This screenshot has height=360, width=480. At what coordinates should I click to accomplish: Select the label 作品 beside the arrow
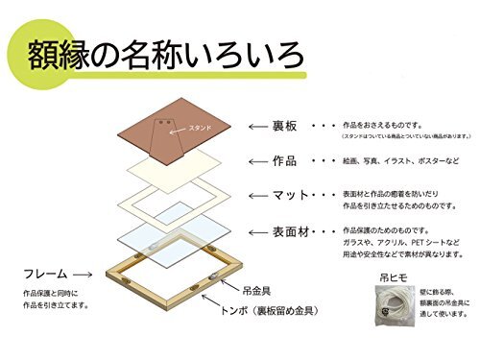click(286, 160)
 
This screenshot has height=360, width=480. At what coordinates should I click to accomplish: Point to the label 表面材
click(292, 232)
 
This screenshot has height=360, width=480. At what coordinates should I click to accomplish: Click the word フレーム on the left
click(44, 273)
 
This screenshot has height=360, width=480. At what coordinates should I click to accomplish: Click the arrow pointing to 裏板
click(258, 126)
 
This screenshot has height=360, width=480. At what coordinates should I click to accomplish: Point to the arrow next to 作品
click(258, 161)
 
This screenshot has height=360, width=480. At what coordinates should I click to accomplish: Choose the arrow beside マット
click(258, 197)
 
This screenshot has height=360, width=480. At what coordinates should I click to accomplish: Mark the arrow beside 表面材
click(258, 233)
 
